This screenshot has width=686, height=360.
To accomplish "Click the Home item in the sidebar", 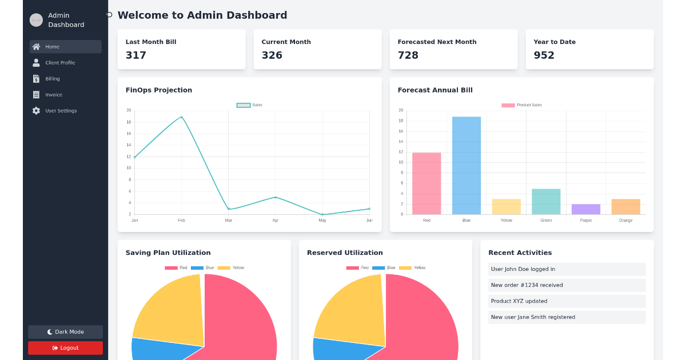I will coord(65,47).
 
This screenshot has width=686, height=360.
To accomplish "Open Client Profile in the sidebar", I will coord(60,63).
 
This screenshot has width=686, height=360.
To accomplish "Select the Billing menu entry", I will coord(53,79).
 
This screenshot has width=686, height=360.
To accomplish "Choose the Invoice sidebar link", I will coord(54,95).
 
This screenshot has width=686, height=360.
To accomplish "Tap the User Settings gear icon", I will coord(37,111).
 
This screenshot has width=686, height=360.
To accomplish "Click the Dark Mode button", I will coord(65,332).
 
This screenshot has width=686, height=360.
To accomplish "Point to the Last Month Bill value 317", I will coord(136,55).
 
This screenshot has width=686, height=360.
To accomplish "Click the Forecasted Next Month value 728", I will coord(408,55).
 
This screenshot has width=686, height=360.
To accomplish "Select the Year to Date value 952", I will coord(544,55).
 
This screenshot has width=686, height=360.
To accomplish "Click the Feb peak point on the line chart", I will coord(182,117).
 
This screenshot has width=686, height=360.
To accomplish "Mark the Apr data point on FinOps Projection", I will coord(276,197).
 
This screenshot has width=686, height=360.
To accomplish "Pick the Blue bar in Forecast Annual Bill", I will coord(466,165).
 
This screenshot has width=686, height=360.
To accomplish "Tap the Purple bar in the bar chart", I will coord(586,209).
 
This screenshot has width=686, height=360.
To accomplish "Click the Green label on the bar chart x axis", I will coord(546,220).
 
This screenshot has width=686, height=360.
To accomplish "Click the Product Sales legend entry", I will coord(521,105).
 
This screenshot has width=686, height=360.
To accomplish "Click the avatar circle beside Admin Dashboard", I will coord(36,20).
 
